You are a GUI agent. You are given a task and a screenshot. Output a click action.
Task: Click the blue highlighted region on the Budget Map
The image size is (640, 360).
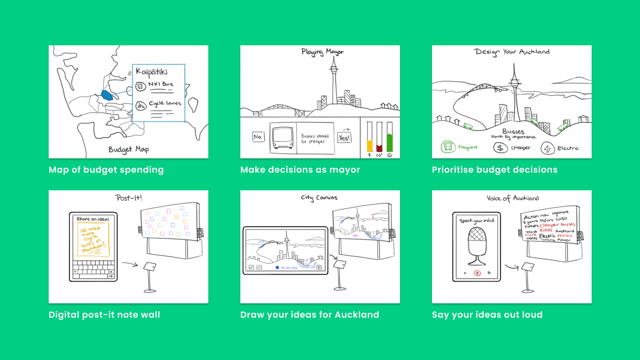(x=107, y=95)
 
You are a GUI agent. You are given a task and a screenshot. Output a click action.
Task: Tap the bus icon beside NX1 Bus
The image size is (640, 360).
(x=141, y=87)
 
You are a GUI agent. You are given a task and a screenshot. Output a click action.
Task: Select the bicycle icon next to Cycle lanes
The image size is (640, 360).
(x=141, y=106)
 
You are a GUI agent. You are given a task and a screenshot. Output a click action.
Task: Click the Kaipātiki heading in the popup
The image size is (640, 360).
(x=152, y=72)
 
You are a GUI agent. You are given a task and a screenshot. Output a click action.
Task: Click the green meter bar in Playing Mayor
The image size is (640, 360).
(x=389, y=143)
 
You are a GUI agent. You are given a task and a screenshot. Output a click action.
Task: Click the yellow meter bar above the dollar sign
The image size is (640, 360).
(x=370, y=146)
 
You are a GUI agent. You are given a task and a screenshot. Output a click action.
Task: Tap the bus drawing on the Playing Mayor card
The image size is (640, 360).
(x=283, y=138)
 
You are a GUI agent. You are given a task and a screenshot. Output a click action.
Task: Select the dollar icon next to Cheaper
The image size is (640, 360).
(x=500, y=147)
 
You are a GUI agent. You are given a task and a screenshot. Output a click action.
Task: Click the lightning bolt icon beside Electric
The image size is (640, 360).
(x=547, y=148)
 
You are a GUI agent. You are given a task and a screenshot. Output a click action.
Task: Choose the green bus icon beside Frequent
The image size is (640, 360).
(x=448, y=147)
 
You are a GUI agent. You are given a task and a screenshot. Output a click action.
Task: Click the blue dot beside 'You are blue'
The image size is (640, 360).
(x=277, y=267)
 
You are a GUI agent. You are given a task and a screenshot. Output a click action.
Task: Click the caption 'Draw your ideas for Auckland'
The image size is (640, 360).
(x=309, y=315)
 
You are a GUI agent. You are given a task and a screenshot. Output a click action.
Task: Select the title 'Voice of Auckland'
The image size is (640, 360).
(x=512, y=198)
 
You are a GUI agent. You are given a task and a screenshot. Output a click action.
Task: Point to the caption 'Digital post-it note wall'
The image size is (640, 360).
(x=104, y=315)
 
